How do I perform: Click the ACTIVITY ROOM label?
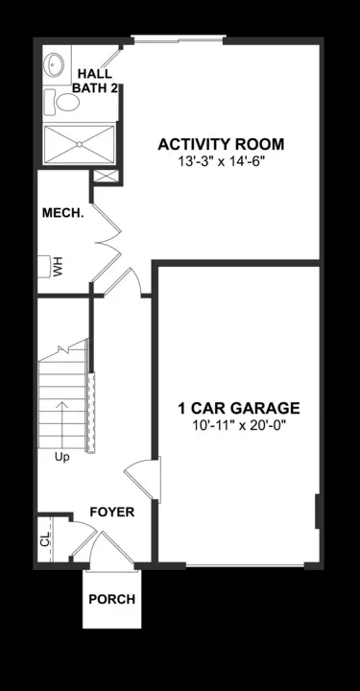point(222,145)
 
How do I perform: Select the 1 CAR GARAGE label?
point(239,407)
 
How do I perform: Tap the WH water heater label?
point(58,266)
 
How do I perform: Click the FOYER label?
point(111,512)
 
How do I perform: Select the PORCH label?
point(111,599)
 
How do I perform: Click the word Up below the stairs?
point(61,456)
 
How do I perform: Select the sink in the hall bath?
point(53,65)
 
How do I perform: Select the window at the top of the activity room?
point(179,39)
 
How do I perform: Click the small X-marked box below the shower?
point(103,178)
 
